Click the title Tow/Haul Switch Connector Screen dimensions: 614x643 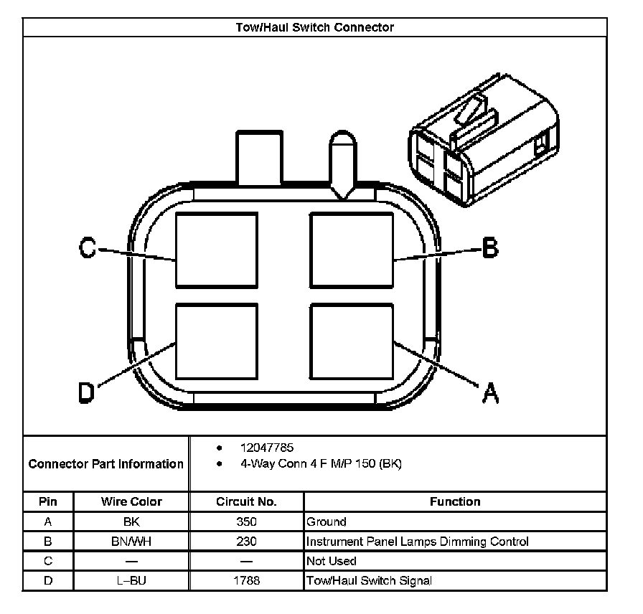(315, 27)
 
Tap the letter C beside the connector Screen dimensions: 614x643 (88, 248)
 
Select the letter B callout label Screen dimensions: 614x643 (489, 248)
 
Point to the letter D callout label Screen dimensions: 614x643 (86, 392)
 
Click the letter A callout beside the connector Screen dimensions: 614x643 (489, 392)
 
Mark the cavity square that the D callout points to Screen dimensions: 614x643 (217, 341)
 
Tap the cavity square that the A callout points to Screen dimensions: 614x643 (352, 341)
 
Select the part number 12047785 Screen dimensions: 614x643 (267, 448)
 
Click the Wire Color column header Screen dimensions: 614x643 (131, 502)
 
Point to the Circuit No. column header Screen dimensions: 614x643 (246, 502)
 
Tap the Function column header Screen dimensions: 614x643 (455, 502)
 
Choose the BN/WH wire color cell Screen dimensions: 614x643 (131, 542)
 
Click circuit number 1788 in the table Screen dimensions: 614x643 (246, 580)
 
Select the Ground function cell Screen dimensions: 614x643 (327, 522)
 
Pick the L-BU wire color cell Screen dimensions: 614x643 (131, 580)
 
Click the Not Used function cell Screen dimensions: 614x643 (332, 561)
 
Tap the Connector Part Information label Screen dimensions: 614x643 (106, 464)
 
